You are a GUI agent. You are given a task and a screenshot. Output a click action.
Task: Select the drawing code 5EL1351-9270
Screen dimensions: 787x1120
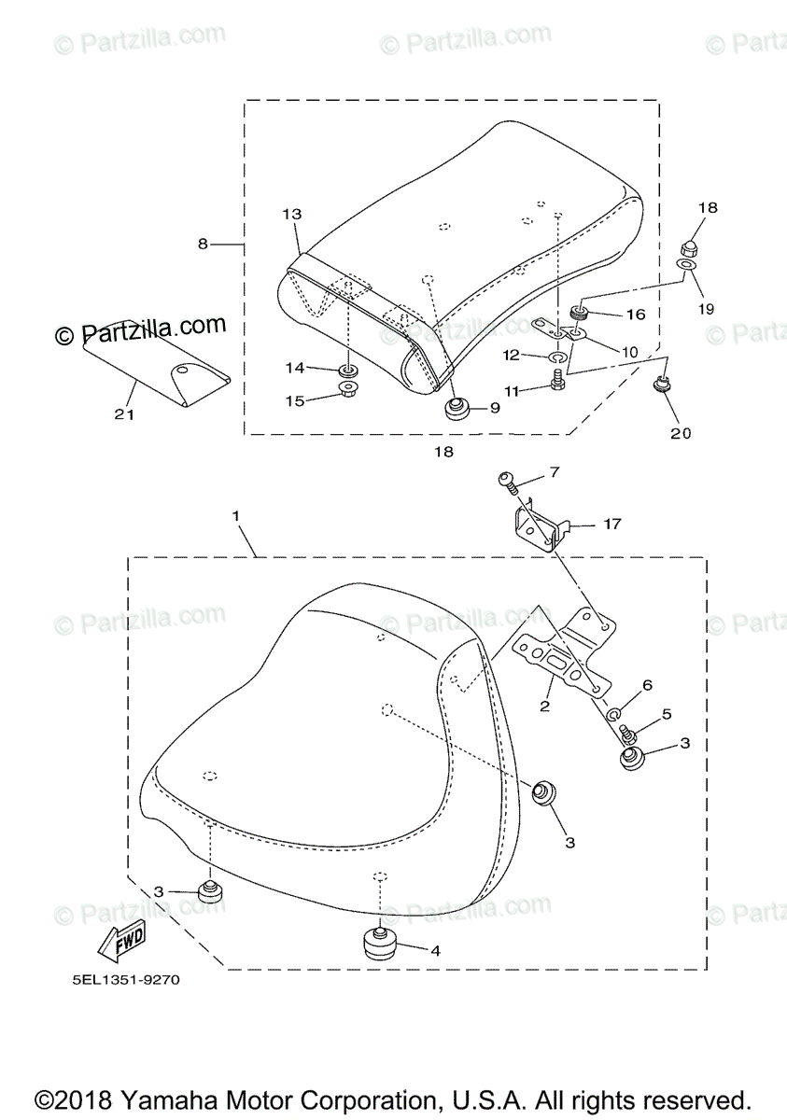pyautogui.click(x=125, y=980)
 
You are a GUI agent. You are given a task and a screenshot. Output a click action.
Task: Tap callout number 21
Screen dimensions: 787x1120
pyautogui.click(x=124, y=414)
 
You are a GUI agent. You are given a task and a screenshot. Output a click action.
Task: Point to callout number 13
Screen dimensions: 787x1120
pyautogui.click(x=291, y=214)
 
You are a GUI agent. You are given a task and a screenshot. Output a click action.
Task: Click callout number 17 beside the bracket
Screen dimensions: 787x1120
pyautogui.click(x=611, y=525)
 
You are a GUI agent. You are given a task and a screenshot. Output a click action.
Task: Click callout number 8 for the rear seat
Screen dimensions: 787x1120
pyautogui.click(x=203, y=245)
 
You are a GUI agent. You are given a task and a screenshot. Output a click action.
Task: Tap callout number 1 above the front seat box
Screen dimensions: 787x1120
pyautogui.click(x=236, y=515)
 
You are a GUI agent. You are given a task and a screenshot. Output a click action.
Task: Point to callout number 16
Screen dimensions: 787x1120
pyautogui.click(x=635, y=315)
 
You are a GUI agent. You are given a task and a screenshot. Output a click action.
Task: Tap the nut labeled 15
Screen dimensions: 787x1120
pyautogui.click(x=348, y=387)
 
